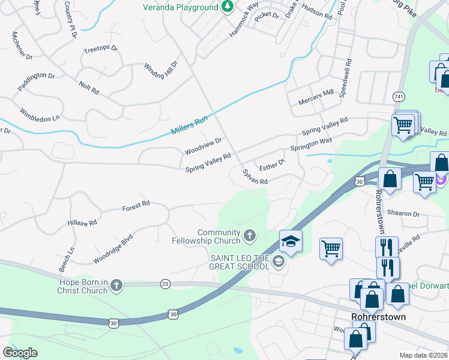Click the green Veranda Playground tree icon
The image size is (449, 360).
[227, 7]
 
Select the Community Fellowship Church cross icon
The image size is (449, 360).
[250, 236]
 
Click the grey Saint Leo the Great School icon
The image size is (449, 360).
[278, 261]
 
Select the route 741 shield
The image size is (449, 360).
[399, 96]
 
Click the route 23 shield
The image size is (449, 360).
[165, 283]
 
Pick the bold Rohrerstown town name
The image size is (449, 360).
[379, 316]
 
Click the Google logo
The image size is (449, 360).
[20, 352]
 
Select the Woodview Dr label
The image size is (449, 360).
[203, 145]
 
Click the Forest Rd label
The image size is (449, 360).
[136, 206]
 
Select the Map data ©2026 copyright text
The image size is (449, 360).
[424, 355]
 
